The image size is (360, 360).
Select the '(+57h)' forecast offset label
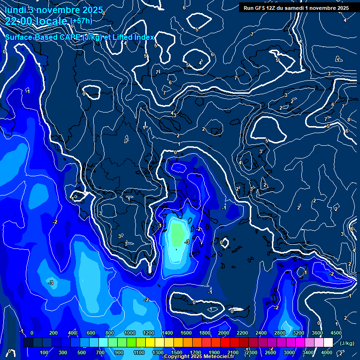tap(82, 21)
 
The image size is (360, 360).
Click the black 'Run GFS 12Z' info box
tap(296, 7)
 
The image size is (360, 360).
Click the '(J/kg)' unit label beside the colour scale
tap(347, 344)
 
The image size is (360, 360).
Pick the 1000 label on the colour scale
tap(129, 333)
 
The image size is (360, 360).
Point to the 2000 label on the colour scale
tap(224, 333)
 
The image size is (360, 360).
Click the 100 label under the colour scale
tap(44, 352)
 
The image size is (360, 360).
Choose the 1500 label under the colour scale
tap(177, 352)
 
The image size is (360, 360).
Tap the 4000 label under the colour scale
tap(327, 352)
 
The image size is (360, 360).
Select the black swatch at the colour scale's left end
tap(28, 343)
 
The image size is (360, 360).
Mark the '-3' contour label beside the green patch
tap(187, 242)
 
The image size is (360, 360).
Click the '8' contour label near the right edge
tap(349, 120)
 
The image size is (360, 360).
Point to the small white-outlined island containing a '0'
tap(225, 243)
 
